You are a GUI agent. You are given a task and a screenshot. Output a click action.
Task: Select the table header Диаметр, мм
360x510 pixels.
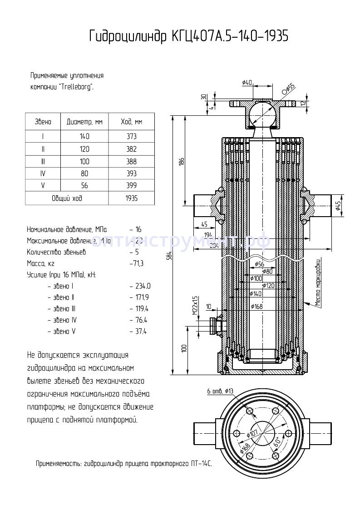coord(84,122)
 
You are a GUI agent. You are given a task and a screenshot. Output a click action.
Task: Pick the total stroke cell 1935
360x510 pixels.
coord(131,198)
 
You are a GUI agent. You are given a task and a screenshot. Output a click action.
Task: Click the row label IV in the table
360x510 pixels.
coord(43,173)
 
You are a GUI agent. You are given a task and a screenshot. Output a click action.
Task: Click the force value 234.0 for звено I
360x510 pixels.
coord(142,286)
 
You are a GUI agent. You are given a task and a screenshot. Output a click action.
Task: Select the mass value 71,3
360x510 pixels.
coord(137,263)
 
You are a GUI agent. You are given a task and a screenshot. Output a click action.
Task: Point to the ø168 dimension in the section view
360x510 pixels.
coord(256,307)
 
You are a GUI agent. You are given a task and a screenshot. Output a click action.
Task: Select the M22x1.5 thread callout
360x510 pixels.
coord(195,306)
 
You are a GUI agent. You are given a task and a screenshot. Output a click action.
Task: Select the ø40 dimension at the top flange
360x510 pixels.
coord(247,82)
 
